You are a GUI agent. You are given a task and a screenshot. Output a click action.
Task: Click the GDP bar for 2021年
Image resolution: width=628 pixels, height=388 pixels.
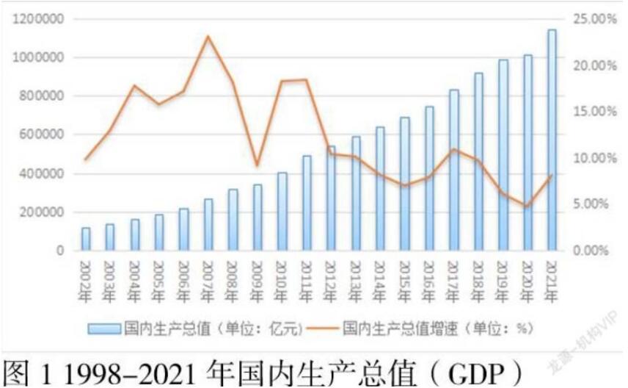552,140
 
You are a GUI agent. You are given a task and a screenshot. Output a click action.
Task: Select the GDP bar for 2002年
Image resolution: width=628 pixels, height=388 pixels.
86,239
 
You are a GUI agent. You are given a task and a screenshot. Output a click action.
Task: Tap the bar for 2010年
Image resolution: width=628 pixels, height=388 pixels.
282,212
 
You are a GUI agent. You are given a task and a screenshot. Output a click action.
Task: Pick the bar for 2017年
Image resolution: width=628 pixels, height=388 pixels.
454,170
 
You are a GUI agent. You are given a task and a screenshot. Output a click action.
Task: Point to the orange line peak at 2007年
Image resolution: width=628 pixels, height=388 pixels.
208,36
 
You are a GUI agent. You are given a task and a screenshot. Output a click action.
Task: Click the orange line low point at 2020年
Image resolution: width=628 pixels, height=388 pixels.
527,206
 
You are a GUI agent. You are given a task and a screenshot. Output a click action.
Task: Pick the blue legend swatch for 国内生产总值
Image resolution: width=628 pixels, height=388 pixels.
105,328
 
